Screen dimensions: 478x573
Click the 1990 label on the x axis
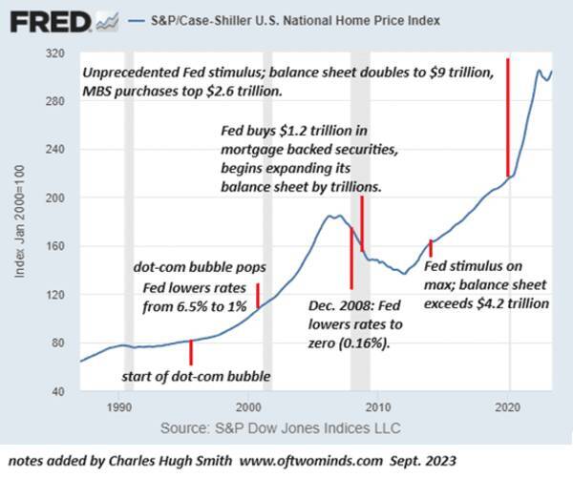(118, 405)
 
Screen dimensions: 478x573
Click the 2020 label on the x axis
(508, 405)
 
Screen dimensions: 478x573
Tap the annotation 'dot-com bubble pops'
(199, 267)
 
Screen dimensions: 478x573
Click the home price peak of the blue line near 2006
(332, 216)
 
